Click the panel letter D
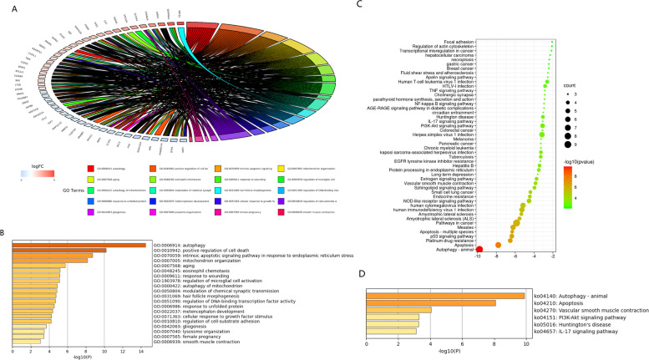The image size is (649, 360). pos(360,274)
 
